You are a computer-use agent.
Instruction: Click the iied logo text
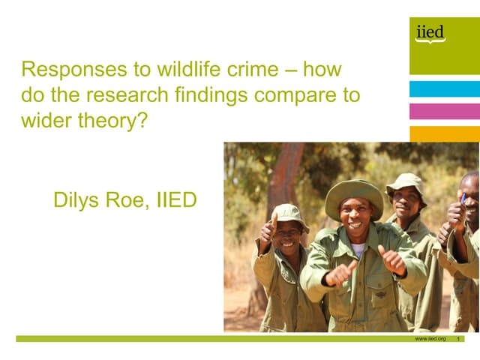[x=430, y=32]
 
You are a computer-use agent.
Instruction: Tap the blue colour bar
[x=444, y=89]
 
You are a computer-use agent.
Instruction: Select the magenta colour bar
[x=444, y=112]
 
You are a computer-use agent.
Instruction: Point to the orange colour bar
[x=444, y=133]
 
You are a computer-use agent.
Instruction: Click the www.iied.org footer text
[x=430, y=339]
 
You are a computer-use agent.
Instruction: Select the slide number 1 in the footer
[x=458, y=339]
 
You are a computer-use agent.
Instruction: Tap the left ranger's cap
[x=289, y=213]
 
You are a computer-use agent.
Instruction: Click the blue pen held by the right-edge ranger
[x=462, y=197]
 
